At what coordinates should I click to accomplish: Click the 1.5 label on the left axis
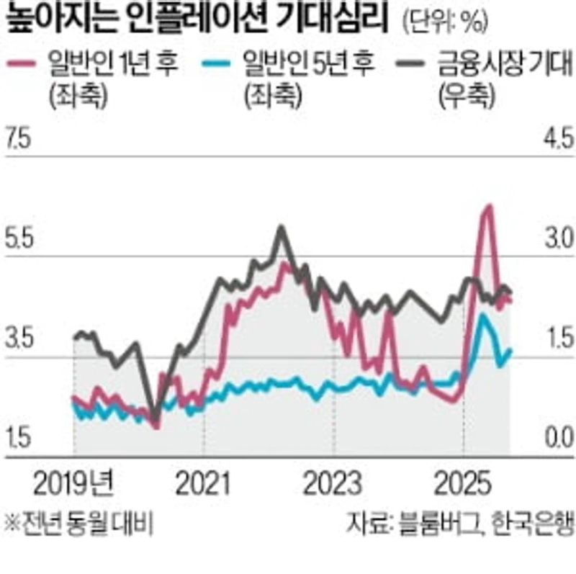pos(19,437)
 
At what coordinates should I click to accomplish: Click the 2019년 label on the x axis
pos(72,481)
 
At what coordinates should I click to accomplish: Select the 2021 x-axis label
pos(203,481)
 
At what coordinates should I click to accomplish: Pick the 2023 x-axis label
pos(333,481)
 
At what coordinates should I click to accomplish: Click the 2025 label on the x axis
pos(464,481)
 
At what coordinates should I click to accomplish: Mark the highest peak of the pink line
pos(489,207)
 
